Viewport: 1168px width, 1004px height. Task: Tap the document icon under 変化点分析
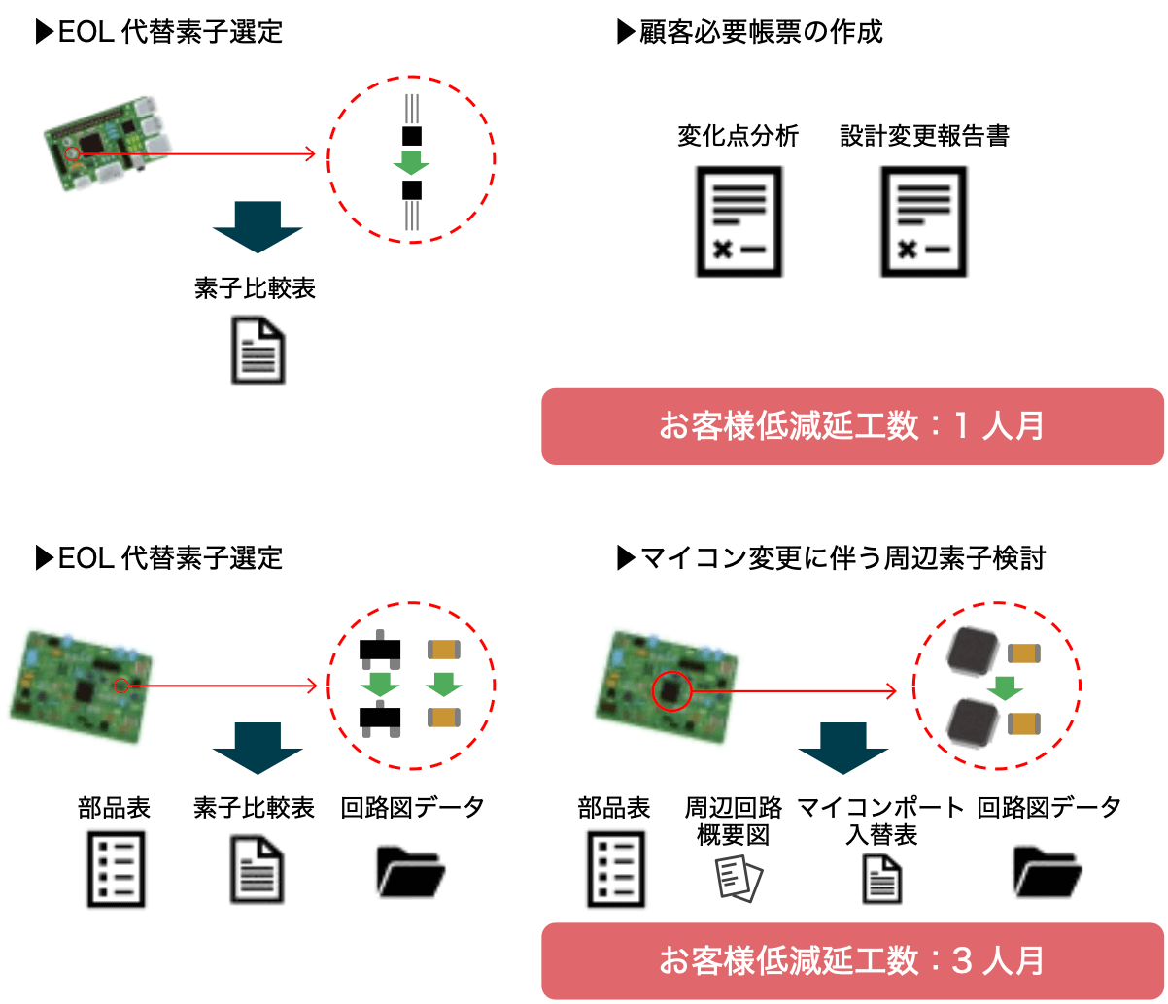[739, 221]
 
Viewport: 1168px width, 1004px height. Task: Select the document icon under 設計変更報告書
[923, 221]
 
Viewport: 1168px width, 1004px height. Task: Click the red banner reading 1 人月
[852, 426]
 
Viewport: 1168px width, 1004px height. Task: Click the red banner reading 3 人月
[852, 961]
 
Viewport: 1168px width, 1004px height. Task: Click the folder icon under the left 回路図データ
[411, 871]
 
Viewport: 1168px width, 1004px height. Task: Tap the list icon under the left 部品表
[116, 869]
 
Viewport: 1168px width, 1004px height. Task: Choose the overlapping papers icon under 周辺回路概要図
[739, 879]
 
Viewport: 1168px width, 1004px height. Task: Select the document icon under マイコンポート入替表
[881, 879]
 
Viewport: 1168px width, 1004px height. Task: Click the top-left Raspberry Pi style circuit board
[107, 143]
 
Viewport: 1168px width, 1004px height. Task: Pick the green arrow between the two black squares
[411, 163]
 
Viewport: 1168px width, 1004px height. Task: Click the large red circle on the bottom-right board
[671, 690]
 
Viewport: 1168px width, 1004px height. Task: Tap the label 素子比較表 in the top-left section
[255, 287]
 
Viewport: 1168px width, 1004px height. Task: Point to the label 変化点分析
[738, 136]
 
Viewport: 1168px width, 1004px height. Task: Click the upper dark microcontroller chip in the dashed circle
[973, 651]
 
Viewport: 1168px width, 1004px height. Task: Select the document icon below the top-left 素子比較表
[258, 351]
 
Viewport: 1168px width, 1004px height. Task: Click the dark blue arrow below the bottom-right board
[843, 749]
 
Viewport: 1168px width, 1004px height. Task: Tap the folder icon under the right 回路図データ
[1048, 871]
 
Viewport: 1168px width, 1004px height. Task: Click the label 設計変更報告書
[924, 136]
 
